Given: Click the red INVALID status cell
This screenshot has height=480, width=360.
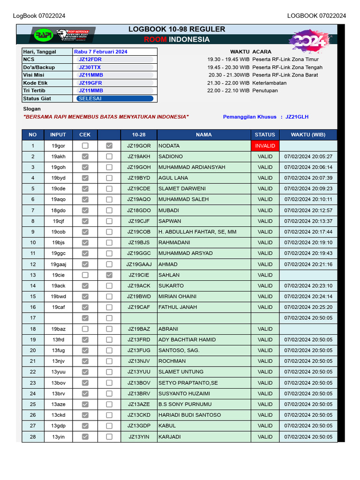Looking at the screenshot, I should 265,146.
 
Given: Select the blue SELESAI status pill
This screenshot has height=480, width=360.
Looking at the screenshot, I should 115,98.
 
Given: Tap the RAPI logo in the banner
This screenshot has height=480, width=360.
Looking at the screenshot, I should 44,35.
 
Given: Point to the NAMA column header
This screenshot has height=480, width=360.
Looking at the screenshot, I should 203,135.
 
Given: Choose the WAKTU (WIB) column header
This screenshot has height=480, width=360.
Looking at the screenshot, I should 308,135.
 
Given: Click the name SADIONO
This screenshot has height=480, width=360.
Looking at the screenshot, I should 171,157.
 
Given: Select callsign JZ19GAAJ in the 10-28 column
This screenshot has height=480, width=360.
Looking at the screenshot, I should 139,264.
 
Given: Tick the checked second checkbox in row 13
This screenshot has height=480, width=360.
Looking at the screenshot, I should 109,275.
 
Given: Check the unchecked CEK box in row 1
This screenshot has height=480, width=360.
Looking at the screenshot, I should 85,146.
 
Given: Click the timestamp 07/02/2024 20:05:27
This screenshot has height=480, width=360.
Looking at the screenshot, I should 308,157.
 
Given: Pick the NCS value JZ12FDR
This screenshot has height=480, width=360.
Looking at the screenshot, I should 90,60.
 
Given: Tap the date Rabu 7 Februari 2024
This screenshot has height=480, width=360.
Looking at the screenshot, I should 101,52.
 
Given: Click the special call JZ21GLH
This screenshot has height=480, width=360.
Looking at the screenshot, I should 297,117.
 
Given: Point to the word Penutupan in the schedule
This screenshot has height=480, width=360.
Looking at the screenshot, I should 265,90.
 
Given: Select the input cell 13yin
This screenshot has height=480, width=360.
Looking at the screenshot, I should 59,437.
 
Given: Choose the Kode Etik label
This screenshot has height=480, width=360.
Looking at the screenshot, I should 35,83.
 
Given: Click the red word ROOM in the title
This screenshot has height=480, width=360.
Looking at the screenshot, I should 155,39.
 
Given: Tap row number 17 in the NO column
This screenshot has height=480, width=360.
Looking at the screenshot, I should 33,318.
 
